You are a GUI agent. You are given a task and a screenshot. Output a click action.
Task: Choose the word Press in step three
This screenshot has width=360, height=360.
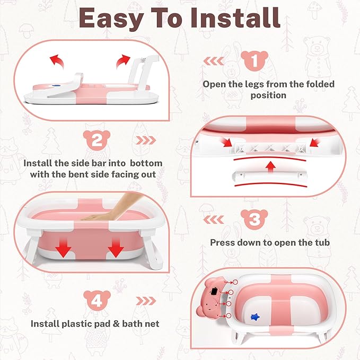223,243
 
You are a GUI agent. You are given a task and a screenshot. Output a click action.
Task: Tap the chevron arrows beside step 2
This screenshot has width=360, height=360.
146,142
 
